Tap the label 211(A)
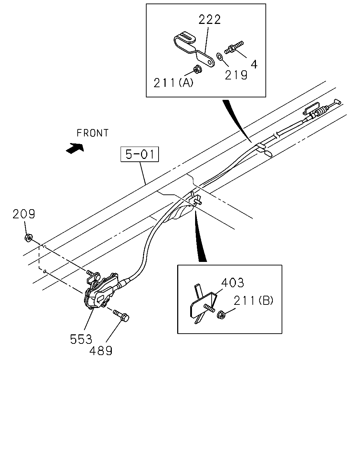pos(173,83)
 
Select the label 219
pos(236,75)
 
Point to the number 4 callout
pos(254,64)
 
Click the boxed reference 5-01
pos(140,154)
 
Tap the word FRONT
pos(93,133)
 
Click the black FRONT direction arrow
pos(75,148)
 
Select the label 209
pos(24,214)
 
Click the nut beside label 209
pos(28,238)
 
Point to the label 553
pos(81,339)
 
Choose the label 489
pos(101,351)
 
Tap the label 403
pos(233,283)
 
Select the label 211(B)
pos(253,301)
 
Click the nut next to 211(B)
pos(221,315)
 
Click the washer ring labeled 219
pos(220,57)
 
